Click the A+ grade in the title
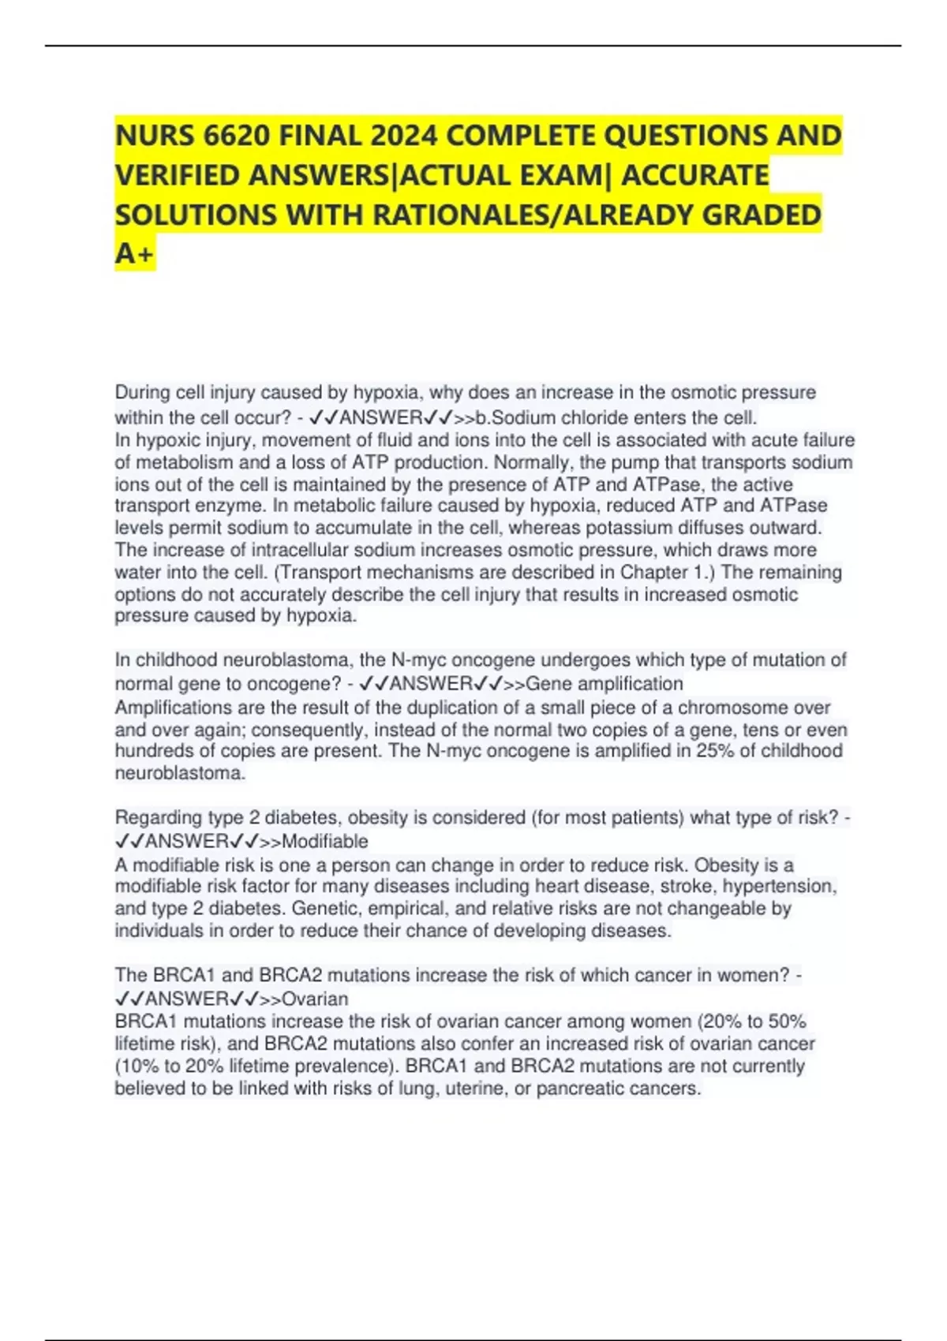tap(135, 254)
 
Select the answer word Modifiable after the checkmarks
tap(324, 841)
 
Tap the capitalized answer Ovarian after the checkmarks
tap(315, 999)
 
